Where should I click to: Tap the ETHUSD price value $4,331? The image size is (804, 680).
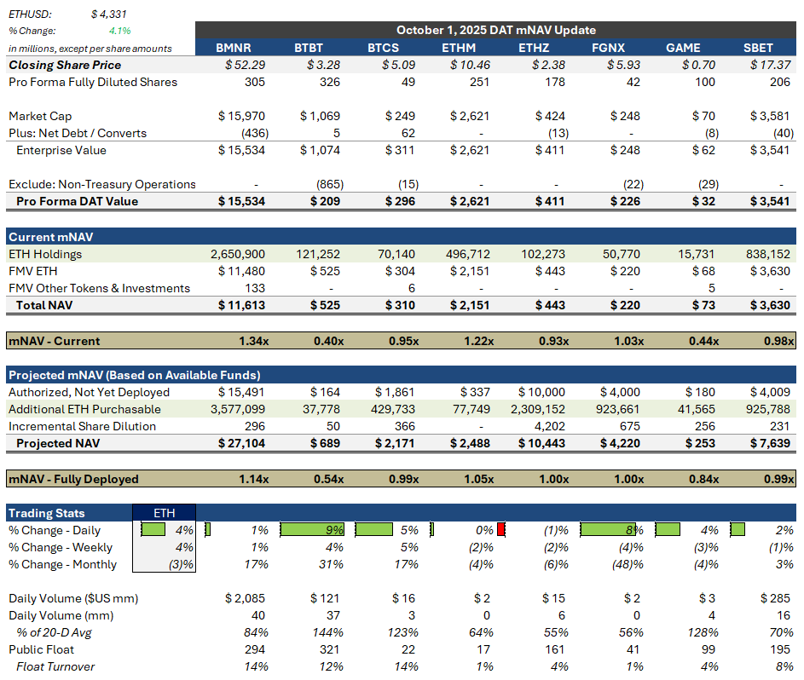tap(108, 14)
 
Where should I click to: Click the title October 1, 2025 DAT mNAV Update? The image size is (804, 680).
tap(495, 30)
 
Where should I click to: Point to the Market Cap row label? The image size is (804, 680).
tap(40, 116)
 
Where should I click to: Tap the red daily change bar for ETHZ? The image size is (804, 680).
tap(501, 530)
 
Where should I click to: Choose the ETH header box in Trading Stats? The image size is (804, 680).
tap(164, 513)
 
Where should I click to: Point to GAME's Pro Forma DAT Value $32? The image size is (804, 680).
tap(704, 201)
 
